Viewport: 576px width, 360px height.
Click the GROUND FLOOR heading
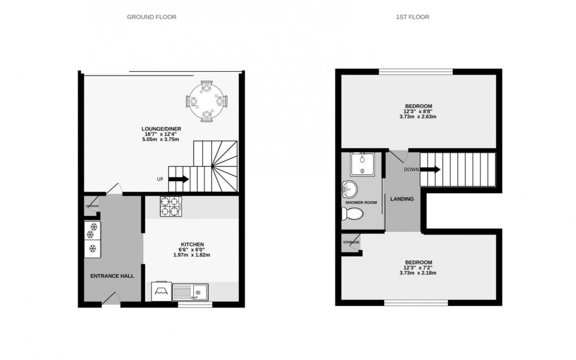click(x=151, y=17)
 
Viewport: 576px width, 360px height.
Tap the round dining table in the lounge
click(x=206, y=101)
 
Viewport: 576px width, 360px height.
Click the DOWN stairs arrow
click(x=430, y=169)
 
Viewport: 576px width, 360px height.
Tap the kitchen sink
click(x=190, y=292)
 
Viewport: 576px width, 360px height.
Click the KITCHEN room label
click(x=191, y=248)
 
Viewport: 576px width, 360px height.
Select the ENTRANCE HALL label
click(x=113, y=276)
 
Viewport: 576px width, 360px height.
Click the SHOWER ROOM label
click(x=361, y=202)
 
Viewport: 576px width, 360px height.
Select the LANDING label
click(x=403, y=199)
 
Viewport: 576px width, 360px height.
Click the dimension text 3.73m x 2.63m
click(x=418, y=117)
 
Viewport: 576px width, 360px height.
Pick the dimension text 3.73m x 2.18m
click(x=418, y=273)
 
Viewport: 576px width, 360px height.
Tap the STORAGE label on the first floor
click(x=351, y=242)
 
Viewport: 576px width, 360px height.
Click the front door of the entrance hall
click(x=113, y=298)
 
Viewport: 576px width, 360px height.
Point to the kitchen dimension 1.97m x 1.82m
click(x=191, y=255)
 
